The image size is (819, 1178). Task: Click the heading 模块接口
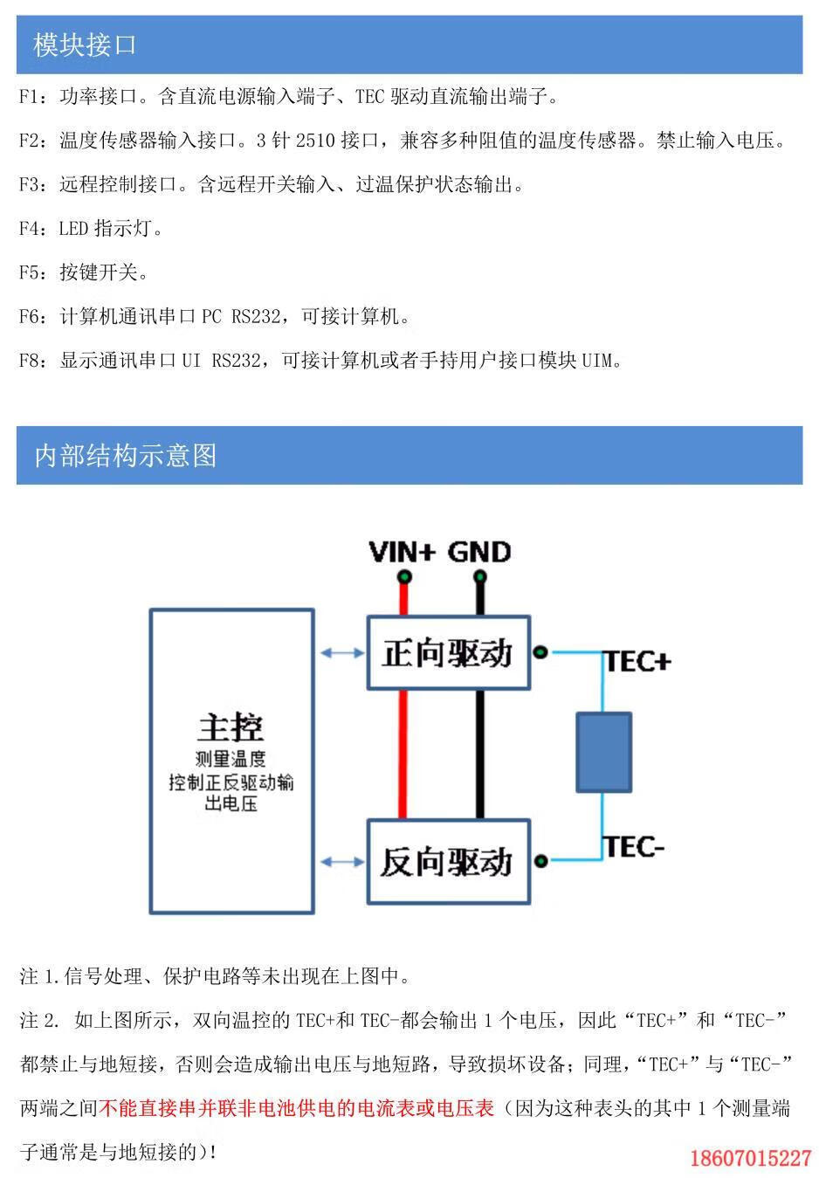point(85,45)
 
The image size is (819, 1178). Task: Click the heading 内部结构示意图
point(125,455)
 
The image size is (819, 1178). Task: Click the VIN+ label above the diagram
point(402,552)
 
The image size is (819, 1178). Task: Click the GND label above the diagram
point(478,552)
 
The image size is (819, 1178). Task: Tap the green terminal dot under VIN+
point(403,576)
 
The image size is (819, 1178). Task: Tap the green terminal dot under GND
point(479,576)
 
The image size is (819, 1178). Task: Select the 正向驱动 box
point(448,653)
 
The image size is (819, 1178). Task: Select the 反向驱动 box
point(448,861)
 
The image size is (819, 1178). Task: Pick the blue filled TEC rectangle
point(603,752)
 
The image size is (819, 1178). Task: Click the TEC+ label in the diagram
point(638,662)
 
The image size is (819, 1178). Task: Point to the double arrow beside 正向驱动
point(342,652)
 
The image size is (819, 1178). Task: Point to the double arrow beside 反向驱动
point(342,862)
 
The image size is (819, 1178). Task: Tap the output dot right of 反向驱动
point(540,861)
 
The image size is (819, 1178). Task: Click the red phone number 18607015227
point(750,1159)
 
